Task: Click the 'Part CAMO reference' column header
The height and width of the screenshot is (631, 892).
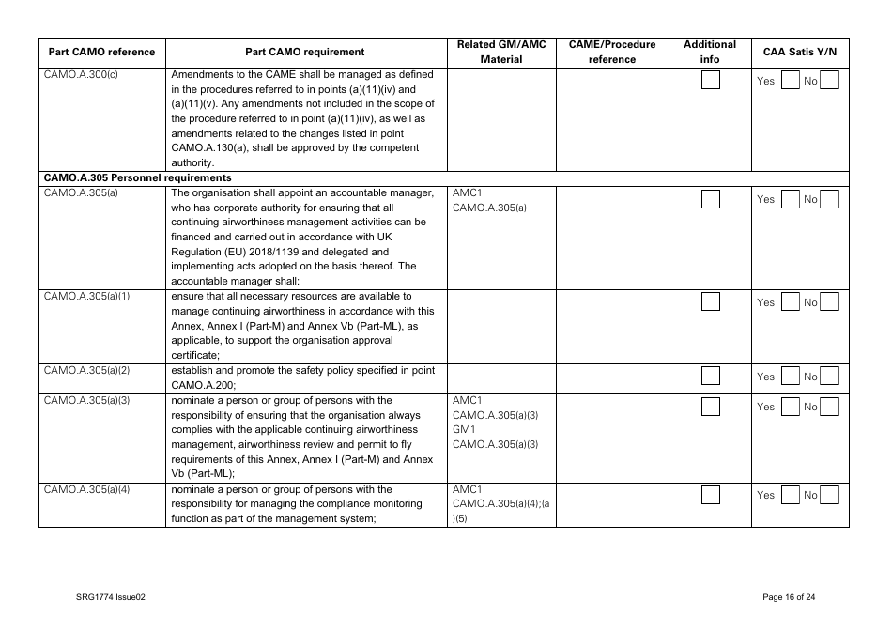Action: [101, 52]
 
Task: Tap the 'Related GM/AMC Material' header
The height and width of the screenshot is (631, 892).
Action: [500, 52]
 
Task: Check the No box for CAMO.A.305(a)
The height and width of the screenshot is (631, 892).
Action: [828, 199]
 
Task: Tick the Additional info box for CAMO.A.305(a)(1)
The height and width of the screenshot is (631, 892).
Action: [711, 301]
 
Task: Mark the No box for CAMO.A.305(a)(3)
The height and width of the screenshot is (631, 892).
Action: [828, 407]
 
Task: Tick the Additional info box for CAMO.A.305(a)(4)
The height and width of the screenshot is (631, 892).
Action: [711, 495]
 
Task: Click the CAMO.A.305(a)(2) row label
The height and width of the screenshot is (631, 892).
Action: [86, 370]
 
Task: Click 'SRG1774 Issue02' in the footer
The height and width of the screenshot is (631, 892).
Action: [111, 597]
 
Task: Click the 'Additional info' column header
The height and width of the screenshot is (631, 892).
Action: [710, 52]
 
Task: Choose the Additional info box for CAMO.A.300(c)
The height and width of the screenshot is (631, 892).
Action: [711, 81]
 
